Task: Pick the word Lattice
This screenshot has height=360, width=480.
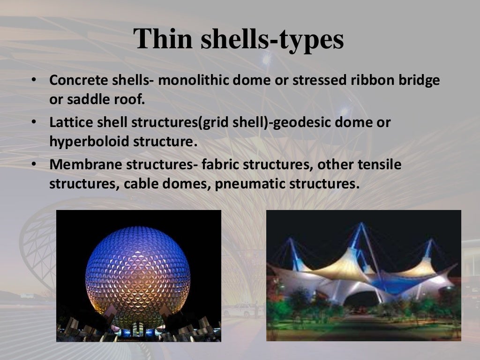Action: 68,123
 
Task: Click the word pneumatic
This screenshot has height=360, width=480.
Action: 244,184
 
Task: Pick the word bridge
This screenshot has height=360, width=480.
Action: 421,80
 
